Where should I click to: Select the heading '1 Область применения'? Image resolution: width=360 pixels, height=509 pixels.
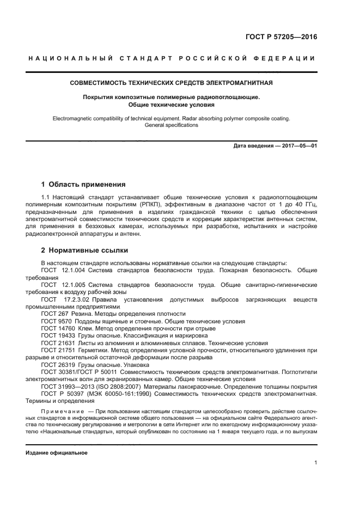(x=83, y=184)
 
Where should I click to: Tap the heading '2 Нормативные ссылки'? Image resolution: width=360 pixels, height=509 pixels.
(x=84, y=250)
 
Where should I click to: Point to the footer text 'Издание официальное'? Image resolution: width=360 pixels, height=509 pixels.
(x=57, y=452)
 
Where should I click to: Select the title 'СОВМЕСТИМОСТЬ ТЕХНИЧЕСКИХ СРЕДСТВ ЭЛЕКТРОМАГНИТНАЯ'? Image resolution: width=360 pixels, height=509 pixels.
(x=172, y=83)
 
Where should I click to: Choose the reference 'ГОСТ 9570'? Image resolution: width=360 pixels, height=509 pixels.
(x=57, y=321)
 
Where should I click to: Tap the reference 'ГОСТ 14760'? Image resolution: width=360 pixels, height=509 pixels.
(x=59, y=328)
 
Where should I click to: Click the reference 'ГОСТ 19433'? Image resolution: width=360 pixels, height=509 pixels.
(x=59, y=336)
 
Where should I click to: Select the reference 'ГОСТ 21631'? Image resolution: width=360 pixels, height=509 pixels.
(x=59, y=343)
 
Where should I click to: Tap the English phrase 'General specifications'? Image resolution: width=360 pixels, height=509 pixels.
(x=172, y=125)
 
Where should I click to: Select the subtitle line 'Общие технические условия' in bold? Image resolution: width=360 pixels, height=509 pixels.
(x=172, y=105)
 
